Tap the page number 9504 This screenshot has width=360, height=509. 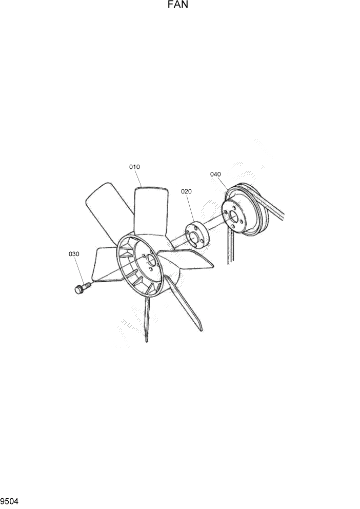(x=10, y=500)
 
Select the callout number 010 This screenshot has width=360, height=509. (x=134, y=167)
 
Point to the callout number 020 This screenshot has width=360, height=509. (x=186, y=191)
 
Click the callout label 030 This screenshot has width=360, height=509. (x=74, y=253)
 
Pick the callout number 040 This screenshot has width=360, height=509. (x=215, y=174)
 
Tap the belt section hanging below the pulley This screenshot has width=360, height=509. (x=229, y=249)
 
